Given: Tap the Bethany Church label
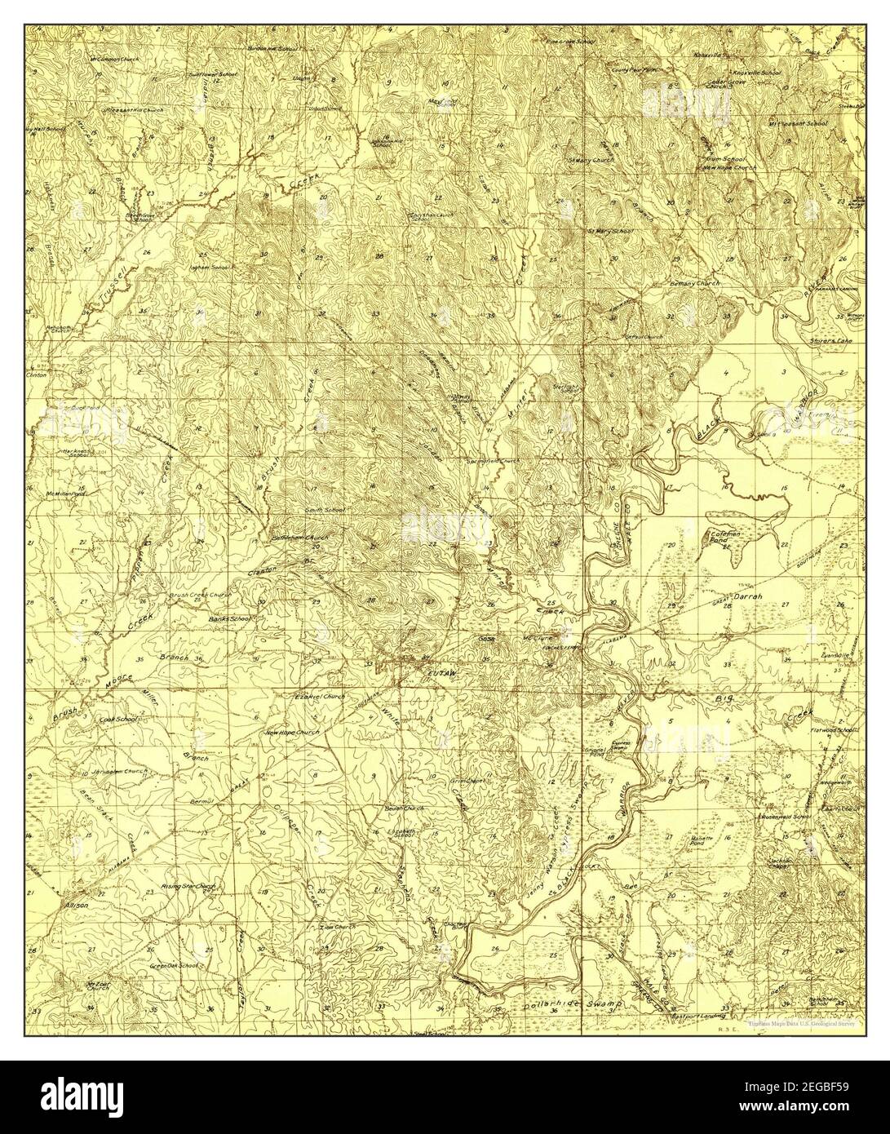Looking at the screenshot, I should [695, 282].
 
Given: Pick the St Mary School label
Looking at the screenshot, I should [610, 231].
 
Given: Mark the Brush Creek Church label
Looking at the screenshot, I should [200, 596].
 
